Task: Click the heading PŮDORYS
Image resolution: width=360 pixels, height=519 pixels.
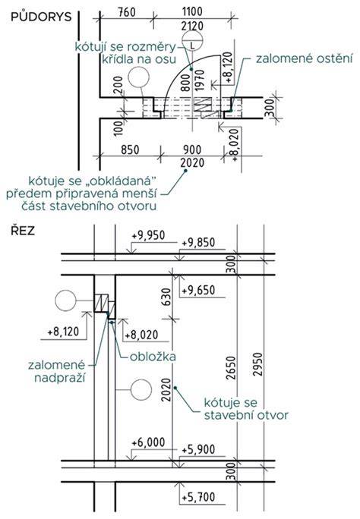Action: (41, 17)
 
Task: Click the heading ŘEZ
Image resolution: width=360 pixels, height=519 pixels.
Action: (23, 231)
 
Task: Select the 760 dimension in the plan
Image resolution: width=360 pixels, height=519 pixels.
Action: (127, 12)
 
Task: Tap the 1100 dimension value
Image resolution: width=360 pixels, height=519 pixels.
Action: (192, 12)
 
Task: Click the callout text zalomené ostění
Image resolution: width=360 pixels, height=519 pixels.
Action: (304, 58)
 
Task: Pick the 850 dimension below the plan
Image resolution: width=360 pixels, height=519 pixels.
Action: (130, 149)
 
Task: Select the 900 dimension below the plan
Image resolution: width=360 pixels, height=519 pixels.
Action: (192, 149)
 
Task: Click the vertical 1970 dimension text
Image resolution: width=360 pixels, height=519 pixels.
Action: (200, 80)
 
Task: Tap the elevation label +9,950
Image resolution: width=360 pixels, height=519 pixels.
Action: (148, 236)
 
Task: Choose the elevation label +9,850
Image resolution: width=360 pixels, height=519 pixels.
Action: (198, 243)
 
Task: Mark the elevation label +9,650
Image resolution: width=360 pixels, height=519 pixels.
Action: (198, 291)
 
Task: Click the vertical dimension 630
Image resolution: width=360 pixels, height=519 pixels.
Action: (167, 297)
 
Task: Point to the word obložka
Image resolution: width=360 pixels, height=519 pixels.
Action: (153, 357)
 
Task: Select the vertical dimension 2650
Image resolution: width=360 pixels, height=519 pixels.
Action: (231, 368)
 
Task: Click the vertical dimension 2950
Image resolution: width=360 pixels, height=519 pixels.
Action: (257, 364)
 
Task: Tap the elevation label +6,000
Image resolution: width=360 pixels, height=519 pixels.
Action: (148, 442)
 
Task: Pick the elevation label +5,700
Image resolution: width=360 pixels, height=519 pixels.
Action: (198, 498)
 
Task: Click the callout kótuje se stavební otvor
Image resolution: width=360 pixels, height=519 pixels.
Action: (246, 409)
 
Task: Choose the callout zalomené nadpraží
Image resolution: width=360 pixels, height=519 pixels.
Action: (57, 371)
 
